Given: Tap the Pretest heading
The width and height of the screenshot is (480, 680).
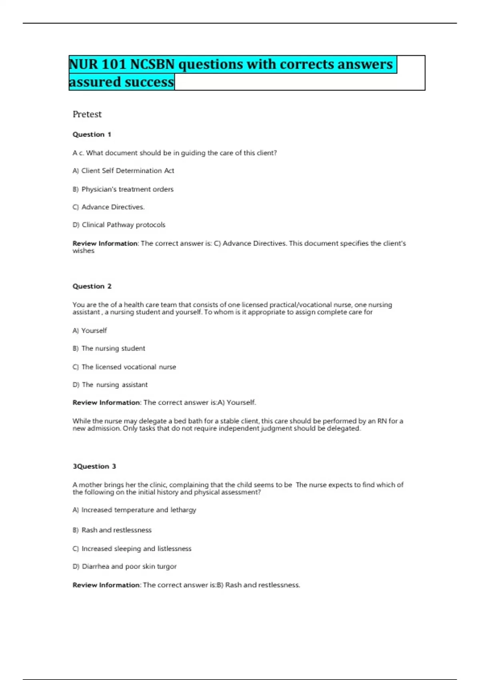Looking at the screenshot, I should (x=87, y=114).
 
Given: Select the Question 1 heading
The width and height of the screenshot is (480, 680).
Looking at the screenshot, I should (x=92, y=134).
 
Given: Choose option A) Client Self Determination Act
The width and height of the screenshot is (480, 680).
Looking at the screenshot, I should (x=123, y=171).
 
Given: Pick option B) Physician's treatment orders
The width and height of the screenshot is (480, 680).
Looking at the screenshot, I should (x=123, y=189).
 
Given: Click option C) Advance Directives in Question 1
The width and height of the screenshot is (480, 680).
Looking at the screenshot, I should (x=108, y=207).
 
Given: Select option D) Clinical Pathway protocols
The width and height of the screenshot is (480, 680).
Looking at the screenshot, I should (x=119, y=225).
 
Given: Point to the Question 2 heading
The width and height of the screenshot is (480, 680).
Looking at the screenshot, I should (x=92, y=286).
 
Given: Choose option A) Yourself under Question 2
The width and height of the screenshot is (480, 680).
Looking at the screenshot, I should (x=90, y=330).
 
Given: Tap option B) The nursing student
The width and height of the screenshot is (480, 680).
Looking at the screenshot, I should (x=109, y=348).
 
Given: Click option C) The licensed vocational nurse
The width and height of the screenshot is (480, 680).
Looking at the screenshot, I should (x=124, y=367).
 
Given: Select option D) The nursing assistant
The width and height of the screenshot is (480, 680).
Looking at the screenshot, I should (x=110, y=385).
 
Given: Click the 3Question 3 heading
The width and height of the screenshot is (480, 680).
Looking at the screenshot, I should (x=94, y=466).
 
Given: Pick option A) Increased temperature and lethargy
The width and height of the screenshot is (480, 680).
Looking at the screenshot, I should (x=134, y=510).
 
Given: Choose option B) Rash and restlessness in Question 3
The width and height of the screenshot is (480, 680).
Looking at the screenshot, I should (x=112, y=530).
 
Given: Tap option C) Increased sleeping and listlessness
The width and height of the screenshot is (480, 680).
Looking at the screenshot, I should (x=132, y=549).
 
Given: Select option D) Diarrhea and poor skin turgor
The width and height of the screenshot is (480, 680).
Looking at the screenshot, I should (x=124, y=566).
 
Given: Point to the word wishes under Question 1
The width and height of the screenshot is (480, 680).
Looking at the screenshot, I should (x=83, y=251).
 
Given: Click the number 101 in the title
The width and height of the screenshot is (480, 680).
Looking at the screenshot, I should (x=114, y=64).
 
